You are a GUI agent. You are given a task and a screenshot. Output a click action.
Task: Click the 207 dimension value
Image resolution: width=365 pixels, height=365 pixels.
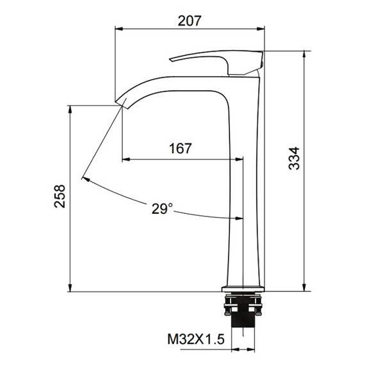[x=189, y=20]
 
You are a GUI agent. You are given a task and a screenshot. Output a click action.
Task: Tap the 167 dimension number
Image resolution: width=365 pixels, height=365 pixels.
[x=181, y=149]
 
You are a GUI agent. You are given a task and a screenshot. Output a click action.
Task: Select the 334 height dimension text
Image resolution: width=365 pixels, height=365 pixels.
[x=294, y=158]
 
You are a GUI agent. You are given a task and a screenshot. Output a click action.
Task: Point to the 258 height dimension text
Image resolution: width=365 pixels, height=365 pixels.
[x=60, y=196]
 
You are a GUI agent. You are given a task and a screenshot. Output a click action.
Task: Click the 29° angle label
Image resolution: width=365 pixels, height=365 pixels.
[x=163, y=208]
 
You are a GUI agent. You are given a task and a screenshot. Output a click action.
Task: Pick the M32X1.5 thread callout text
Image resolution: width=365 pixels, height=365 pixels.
[x=196, y=339]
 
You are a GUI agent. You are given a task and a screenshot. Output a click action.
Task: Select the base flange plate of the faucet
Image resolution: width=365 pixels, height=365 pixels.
[x=243, y=289]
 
